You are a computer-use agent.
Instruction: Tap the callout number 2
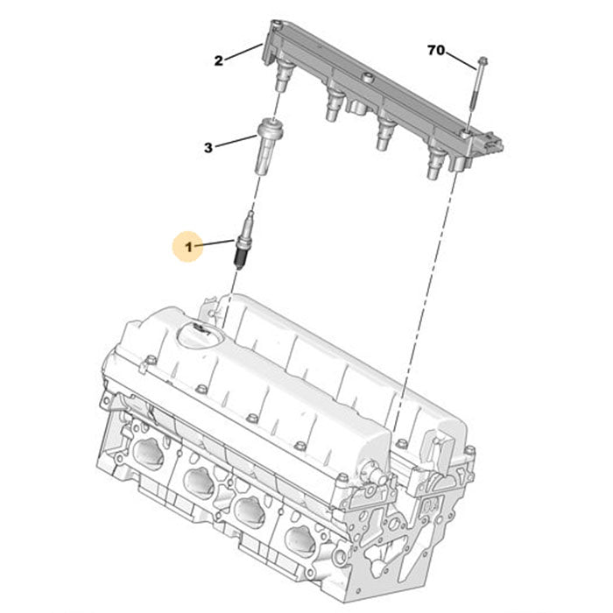(x=219, y=60)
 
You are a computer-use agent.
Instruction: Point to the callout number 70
(x=436, y=50)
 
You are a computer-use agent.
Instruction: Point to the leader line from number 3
(x=235, y=142)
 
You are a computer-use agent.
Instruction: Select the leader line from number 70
(x=462, y=59)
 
